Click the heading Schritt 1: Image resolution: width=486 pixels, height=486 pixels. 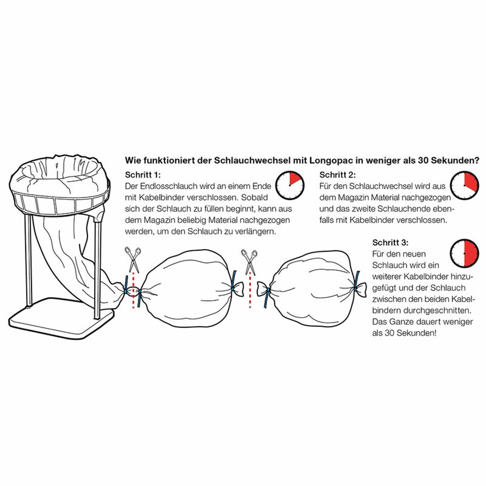pos(143,175)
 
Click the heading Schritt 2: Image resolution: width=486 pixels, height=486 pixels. pos(338,175)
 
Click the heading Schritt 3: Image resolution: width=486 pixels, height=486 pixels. pos(390,242)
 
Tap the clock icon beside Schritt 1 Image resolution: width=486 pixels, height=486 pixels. pos(290,185)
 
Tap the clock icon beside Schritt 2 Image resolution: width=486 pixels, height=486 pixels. pos(464,185)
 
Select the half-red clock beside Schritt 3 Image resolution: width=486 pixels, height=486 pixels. pos(464,253)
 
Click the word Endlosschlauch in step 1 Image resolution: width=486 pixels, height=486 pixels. pos(168,186)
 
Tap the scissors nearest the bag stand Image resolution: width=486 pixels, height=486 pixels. pos(133,259)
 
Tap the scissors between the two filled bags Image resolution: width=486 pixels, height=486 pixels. pos(250,262)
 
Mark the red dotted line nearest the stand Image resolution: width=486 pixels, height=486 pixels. pos(134,291)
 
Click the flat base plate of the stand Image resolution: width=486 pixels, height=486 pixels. pos(62,318)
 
